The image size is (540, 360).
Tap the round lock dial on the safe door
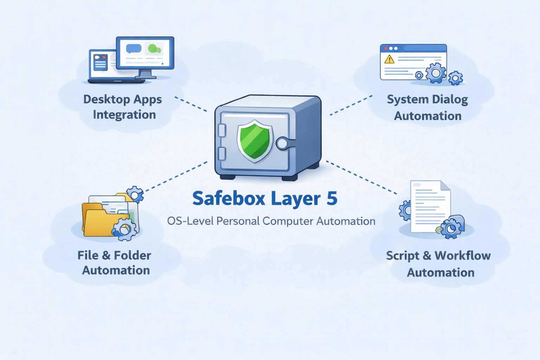pyautogui.click(x=282, y=143)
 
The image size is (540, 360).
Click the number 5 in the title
pyautogui.click(x=332, y=199)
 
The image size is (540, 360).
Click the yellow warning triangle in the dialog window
pyautogui.click(x=389, y=59)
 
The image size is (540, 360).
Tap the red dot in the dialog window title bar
pyautogui.click(x=386, y=48)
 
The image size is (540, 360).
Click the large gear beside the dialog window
pyautogui.click(x=436, y=73)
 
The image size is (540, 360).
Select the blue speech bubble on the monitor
pyautogui.click(x=134, y=48)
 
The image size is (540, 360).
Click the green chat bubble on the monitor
pyautogui.click(x=154, y=49)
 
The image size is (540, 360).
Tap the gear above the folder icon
pyautogui.click(x=135, y=194)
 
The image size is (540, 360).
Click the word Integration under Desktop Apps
pyautogui.click(x=124, y=115)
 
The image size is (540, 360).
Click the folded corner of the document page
pyautogui.click(x=445, y=186)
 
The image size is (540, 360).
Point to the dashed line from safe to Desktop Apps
pyautogui.click(x=191, y=104)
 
